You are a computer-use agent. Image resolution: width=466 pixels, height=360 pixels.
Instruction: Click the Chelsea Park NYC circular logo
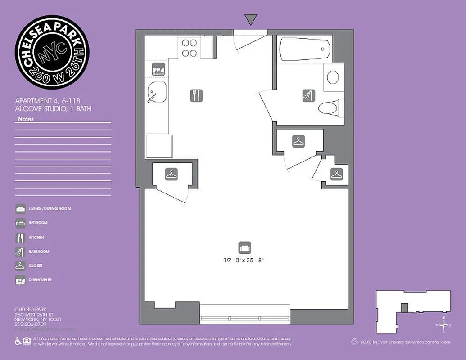[52, 52]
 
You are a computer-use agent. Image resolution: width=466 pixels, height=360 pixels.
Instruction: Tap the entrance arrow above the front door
[251, 19]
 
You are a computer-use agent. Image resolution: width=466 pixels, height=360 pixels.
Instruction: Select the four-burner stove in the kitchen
[190, 48]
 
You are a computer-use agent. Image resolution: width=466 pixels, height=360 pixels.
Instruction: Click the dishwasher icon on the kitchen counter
[158, 70]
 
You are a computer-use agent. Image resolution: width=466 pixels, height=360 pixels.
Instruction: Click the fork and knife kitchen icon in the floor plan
[196, 95]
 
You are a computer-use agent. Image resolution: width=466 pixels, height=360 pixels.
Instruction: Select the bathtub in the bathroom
[304, 49]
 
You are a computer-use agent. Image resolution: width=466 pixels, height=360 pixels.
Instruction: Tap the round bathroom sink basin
[333, 77]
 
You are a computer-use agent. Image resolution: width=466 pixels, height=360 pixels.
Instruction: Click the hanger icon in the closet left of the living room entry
[171, 174]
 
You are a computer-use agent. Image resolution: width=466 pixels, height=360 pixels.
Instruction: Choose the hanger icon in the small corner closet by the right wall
[336, 174]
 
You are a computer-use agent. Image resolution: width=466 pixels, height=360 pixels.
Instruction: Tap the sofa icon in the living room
[244, 247]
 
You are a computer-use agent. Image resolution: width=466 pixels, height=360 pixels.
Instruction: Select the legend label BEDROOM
[38, 223]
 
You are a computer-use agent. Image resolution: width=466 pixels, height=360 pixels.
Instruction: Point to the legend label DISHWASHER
[41, 280]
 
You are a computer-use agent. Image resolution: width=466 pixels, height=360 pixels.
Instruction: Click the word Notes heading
[26, 119]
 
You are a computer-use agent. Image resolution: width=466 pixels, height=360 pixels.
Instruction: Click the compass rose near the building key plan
[443, 324]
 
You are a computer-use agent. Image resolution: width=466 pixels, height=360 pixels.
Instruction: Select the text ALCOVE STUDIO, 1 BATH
[53, 109]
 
